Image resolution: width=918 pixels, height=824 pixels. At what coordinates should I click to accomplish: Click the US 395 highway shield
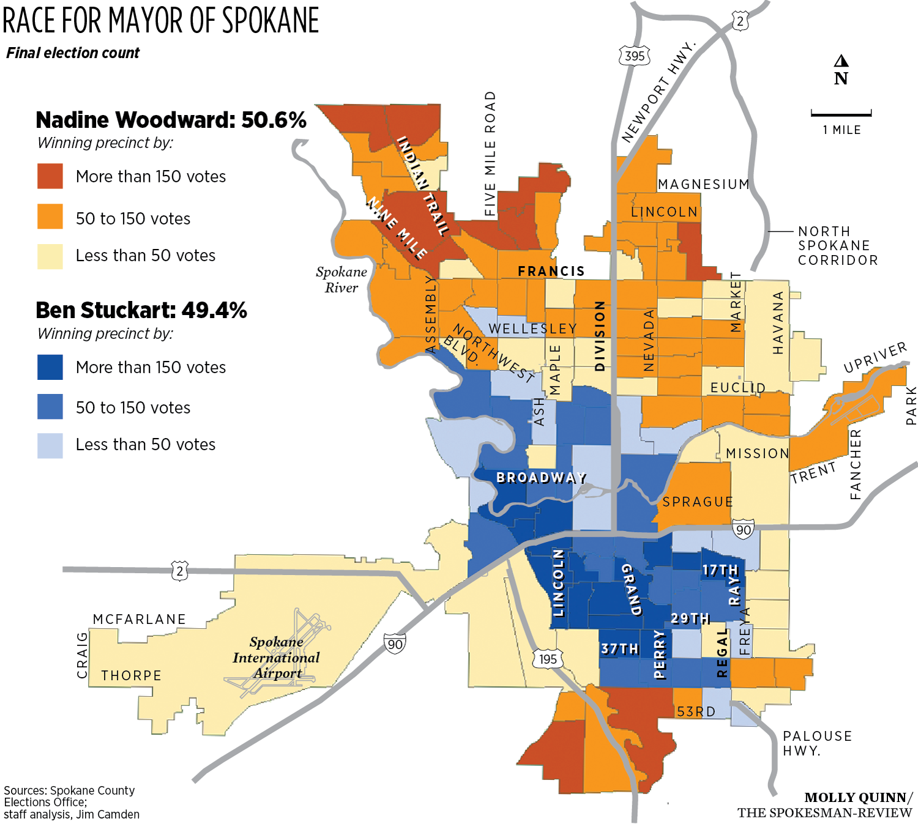coord(635,56)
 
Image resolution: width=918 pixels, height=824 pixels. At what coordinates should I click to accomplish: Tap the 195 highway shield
coord(548,659)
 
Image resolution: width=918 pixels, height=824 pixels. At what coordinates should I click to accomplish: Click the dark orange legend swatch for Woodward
coord(50,176)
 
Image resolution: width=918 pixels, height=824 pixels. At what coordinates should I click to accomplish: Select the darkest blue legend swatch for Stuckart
coord(50,367)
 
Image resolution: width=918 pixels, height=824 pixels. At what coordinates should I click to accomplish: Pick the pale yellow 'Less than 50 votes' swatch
coord(50,256)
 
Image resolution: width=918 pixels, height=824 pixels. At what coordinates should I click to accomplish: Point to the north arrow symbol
coord(841,61)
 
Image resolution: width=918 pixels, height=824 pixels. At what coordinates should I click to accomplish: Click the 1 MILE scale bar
coord(841,114)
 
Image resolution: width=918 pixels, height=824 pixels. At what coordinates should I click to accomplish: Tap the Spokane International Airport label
coord(277,658)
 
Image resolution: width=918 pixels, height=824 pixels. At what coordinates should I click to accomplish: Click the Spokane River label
coord(341,280)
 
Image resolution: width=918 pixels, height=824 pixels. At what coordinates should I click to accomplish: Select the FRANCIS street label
coord(551,271)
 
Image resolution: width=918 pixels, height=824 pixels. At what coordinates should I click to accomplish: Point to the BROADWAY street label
coord(542,477)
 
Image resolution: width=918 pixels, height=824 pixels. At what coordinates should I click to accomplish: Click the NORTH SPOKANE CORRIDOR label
coord(837,245)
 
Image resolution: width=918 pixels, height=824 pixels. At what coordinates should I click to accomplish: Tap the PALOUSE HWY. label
coord(817,743)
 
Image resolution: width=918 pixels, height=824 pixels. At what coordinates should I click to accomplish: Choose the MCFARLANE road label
coord(140,619)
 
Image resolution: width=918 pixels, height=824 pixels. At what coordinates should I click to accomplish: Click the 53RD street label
coord(696,711)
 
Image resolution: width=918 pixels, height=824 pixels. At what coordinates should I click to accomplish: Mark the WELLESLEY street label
coord(532,329)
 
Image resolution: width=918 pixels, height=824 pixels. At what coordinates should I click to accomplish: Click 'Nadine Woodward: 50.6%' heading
coord(171,120)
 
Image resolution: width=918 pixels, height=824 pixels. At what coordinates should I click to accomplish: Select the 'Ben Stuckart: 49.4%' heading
coord(141,311)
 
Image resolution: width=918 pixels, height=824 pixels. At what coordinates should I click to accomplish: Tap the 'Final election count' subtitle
coord(73,53)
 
